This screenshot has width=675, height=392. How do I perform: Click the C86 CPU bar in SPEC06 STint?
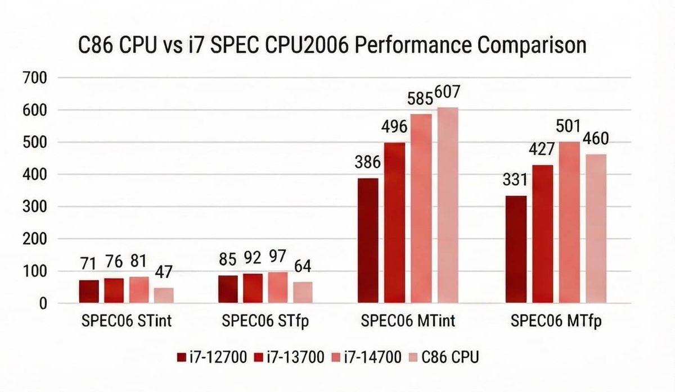164,295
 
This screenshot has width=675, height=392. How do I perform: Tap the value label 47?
164,274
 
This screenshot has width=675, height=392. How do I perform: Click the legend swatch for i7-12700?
181,357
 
